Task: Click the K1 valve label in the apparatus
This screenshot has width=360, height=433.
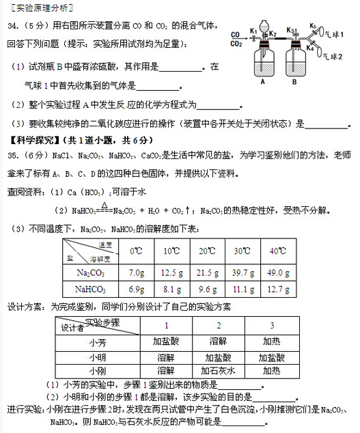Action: (x=253, y=30)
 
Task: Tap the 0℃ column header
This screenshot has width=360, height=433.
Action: (x=136, y=251)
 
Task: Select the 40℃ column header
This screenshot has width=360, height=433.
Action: (x=277, y=251)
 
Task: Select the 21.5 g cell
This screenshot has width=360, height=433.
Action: (x=207, y=273)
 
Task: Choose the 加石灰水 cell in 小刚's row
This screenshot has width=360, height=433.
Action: (x=219, y=372)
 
